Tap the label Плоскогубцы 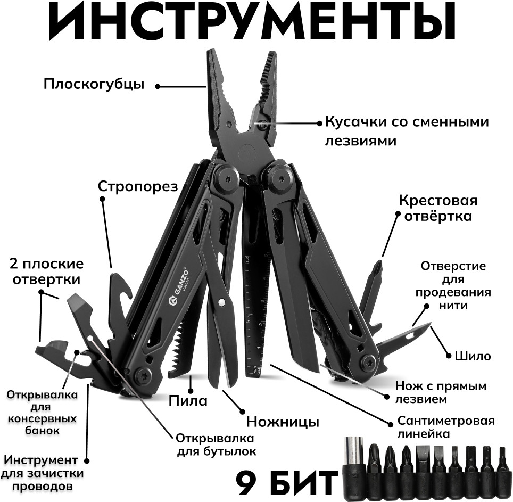(x=94, y=84)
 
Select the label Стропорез (x=137, y=186)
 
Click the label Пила (x=188, y=400)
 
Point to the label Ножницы (x=283, y=422)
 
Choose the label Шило (x=473, y=356)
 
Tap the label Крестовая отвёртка (x=438, y=209)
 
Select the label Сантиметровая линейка (x=446, y=427)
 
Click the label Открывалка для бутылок (x=216, y=445)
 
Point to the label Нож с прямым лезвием (x=441, y=392)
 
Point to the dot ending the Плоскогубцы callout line (x=158, y=85)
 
